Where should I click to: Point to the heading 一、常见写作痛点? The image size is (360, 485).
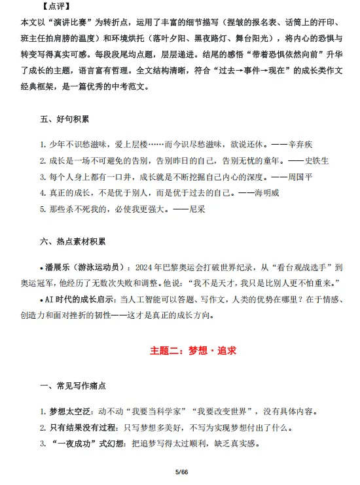(72, 387)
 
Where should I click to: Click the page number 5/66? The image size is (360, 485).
(181, 472)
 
